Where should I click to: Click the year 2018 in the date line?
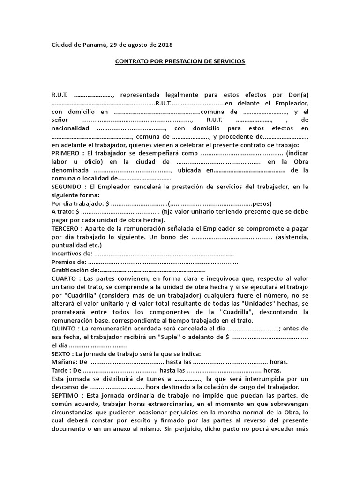pyautogui.click(x=165, y=45)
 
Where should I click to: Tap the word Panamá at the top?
pyautogui.click(x=95, y=45)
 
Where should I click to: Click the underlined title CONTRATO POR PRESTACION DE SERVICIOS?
pyautogui.click(x=180, y=61)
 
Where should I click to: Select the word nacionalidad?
pyautogui.click(x=70, y=128)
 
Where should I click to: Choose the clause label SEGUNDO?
pyautogui.click(x=66, y=187)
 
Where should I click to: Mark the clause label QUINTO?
pyautogui.click(x=64, y=329)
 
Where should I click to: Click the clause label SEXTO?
pyautogui.click(x=62, y=354)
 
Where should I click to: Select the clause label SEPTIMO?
pyautogui.click(x=65, y=396)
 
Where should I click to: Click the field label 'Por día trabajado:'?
pyautogui.click(x=78, y=203)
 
